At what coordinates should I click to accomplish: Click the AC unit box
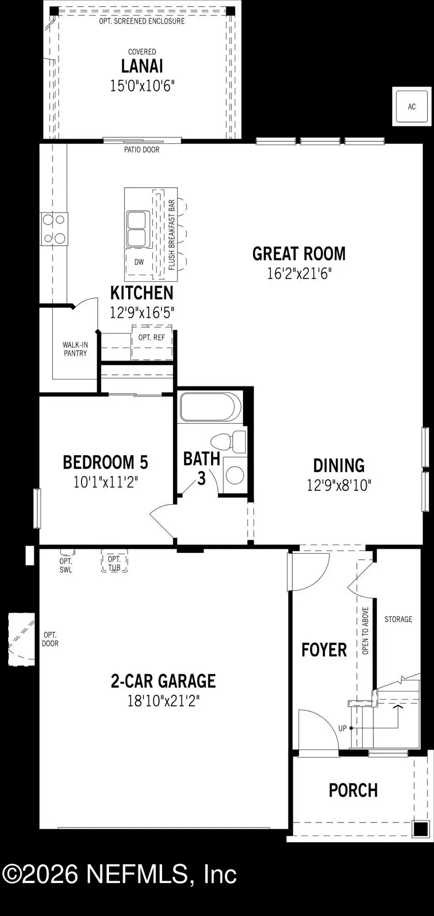[411, 107]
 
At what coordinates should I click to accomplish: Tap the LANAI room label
[142, 66]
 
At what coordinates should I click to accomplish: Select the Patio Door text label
[141, 150]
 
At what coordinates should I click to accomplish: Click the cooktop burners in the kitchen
[54, 229]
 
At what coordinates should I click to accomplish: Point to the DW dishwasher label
[139, 262]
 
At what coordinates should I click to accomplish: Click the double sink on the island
[136, 229]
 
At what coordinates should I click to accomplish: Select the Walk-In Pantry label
[75, 349]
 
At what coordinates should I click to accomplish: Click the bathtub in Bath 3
[210, 407]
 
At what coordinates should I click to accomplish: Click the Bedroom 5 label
[105, 462]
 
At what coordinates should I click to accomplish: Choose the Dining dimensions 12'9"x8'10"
[339, 485]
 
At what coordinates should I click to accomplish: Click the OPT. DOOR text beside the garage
[50, 639]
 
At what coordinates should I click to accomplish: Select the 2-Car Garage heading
[163, 681]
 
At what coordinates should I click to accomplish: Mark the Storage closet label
[398, 619]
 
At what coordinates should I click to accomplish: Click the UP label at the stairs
[342, 728]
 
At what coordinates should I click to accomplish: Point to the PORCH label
[353, 791]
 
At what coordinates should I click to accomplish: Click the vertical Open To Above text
[365, 630]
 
